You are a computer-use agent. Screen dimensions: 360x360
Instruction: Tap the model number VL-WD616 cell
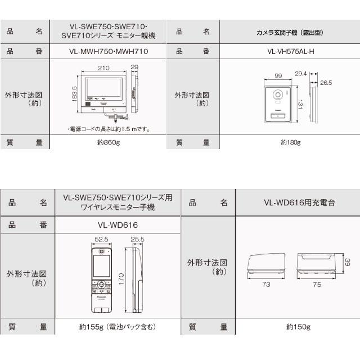pyautogui.click(x=109, y=226)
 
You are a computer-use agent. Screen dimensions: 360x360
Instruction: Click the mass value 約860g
pyautogui.click(x=109, y=143)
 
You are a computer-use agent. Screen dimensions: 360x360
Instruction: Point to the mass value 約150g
pyautogui.click(x=298, y=326)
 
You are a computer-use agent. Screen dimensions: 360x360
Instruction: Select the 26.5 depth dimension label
pyautogui.click(x=326, y=83)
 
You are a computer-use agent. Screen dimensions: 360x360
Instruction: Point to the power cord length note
pyautogui.click(x=108, y=129)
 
